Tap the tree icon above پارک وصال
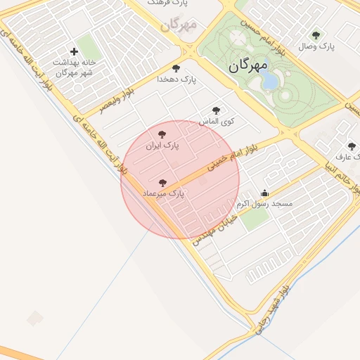(x=315, y=34)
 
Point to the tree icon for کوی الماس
(x=216, y=110)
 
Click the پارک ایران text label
(x=162, y=146)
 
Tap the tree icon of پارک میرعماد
(x=162, y=183)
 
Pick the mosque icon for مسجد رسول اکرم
(x=264, y=193)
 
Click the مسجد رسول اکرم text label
(x=264, y=204)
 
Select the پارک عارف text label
(x=348, y=157)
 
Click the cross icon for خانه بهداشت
(x=74, y=51)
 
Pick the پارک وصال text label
(x=316, y=46)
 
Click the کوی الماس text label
(x=217, y=122)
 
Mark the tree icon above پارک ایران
(x=162, y=134)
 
